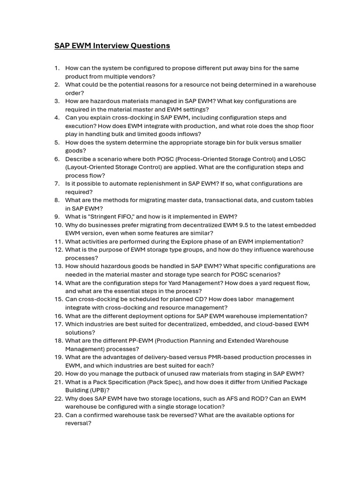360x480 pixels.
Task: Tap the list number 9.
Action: tap(57, 217)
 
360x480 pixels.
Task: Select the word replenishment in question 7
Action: tap(163, 183)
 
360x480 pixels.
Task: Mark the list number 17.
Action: tap(58, 324)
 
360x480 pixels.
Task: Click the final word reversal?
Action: tap(78, 423)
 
